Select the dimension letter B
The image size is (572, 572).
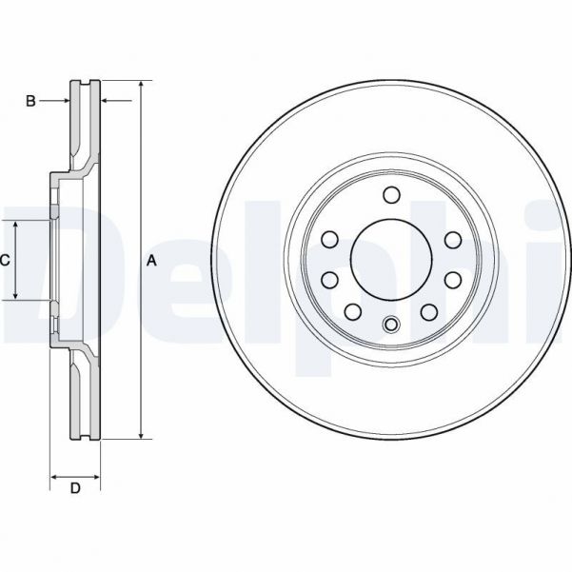[30, 101]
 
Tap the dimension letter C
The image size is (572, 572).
[5, 260]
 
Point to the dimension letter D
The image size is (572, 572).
[75, 489]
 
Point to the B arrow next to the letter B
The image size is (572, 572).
[64, 101]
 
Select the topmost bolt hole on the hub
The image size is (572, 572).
[390, 195]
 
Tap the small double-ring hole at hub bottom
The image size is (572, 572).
[390, 325]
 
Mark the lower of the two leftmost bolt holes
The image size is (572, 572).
[329, 280]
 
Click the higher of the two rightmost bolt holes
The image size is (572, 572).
[451, 240]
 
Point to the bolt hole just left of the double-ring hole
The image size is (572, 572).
[352, 312]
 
